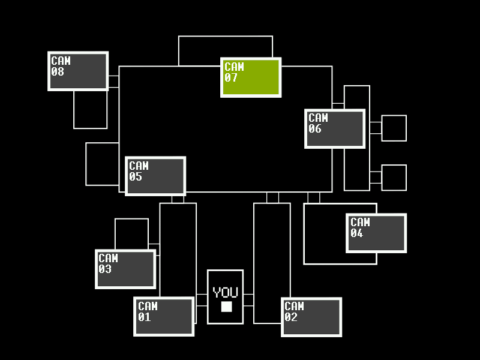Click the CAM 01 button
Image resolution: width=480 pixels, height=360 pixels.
tap(164, 316)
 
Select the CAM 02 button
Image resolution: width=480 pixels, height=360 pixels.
tap(311, 317)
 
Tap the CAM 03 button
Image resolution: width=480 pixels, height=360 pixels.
tap(125, 269)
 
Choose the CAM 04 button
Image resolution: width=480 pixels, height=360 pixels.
tap(376, 233)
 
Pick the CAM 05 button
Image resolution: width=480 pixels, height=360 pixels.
tap(155, 176)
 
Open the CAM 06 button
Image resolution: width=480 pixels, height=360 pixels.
tap(335, 128)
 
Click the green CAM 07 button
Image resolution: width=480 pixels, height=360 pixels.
tap(251, 77)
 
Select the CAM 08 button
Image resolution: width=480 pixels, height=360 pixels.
tap(78, 71)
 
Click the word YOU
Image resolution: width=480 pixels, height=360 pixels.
tap(226, 293)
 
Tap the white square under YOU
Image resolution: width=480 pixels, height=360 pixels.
tap(226, 307)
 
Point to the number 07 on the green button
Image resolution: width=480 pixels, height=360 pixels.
tap(231, 78)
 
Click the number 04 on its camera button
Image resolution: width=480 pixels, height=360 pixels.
tap(356, 233)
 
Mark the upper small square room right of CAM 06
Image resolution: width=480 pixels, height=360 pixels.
tap(394, 128)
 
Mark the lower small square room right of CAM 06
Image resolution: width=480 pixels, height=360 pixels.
tap(394, 178)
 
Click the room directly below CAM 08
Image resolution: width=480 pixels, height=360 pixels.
tap(91, 110)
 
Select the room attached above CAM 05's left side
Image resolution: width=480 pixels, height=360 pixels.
tap(103, 164)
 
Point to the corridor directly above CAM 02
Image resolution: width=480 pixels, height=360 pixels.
tap(272, 249)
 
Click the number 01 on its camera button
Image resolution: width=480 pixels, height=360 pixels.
tap(144, 317)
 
